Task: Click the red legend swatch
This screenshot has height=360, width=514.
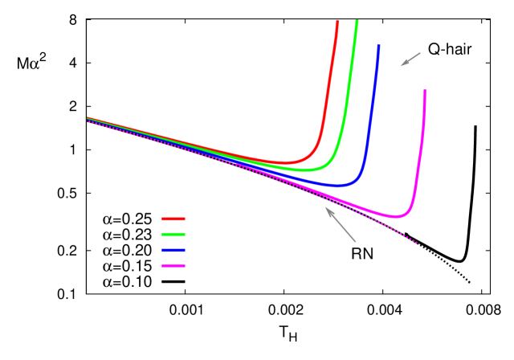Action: tap(173, 219)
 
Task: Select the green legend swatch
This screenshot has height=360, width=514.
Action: tap(173, 234)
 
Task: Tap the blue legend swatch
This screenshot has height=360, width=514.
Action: tap(173, 250)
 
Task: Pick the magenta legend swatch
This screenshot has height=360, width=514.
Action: tap(173, 265)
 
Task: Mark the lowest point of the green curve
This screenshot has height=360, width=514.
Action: tap(305, 170)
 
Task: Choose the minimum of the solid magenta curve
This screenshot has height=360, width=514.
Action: tap(396, 216)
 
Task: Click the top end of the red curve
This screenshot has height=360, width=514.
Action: tap(337, 22)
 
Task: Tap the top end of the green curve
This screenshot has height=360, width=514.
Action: tap(357, 21)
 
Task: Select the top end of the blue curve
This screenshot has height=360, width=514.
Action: tap(378, 47)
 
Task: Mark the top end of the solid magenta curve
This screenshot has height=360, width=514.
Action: tap(425, 92)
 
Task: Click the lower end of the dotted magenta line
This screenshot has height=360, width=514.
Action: tap(416, 242)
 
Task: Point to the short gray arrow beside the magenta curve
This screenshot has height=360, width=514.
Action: tap(410, 59)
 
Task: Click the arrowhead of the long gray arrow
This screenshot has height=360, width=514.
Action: tap(326, 209)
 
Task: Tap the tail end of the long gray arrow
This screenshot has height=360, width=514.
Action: tap(355, 241)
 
